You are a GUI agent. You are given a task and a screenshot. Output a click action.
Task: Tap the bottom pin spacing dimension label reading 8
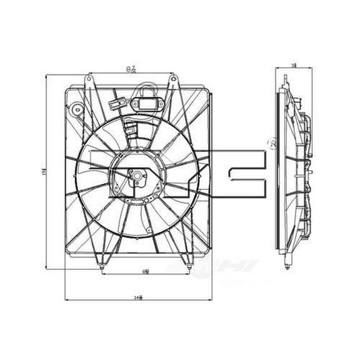(145, 271)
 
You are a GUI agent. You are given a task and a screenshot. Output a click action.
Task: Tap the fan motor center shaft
(132, 175)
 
